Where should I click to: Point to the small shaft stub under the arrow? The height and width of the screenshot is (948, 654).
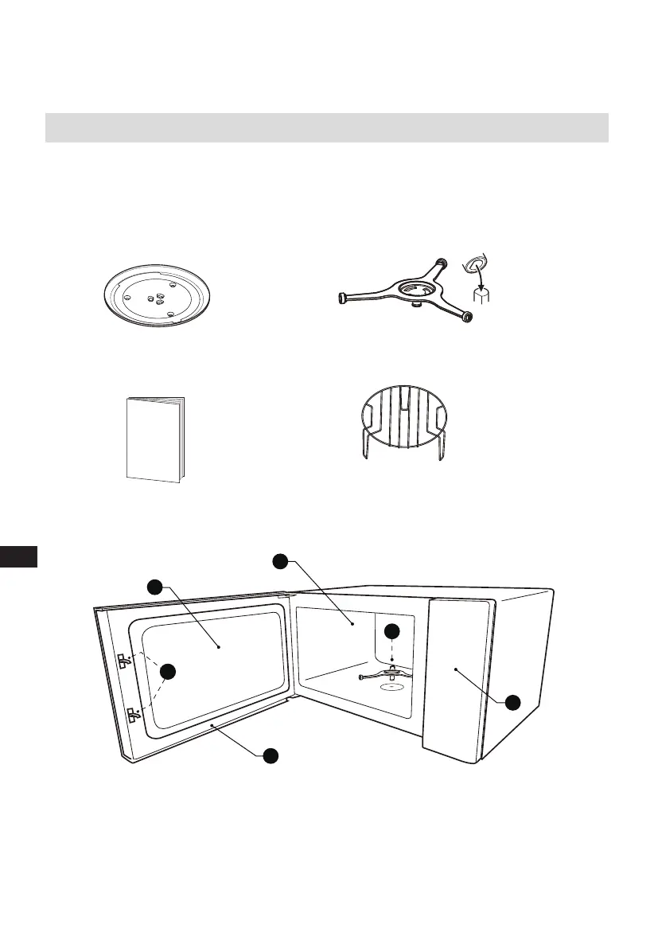point(481,296)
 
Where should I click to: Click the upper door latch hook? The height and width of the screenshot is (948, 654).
point(123,660)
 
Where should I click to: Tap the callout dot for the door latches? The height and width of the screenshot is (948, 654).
point(168,672)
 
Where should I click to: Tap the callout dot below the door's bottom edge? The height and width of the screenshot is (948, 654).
point(271,755)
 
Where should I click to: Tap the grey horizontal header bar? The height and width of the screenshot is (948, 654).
point(326,127)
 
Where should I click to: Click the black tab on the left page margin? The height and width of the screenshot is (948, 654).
point(18,556)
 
